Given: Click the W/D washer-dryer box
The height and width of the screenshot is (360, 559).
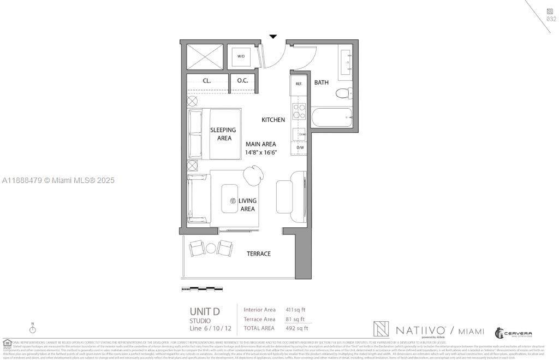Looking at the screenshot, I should (x=241, y=56).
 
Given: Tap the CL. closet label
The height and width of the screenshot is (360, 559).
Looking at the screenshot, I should (x=207, y=81).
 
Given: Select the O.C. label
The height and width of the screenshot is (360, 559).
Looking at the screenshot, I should (x=242, y=81).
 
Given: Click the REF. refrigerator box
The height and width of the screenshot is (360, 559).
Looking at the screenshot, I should (x=299, y=84).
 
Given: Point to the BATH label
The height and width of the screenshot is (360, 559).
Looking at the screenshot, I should (x=322, y=82).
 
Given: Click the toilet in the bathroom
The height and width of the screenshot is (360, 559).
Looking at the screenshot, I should (x=342, y=93).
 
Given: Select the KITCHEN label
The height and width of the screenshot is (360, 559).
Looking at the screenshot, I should (x=273, y=120).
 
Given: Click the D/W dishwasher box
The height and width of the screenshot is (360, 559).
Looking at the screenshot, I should (x=300, y=147).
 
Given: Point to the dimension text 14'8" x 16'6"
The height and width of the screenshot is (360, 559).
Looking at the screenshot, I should (x=261, y=152).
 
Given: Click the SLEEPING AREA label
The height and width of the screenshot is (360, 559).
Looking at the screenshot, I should (x=223, y=134).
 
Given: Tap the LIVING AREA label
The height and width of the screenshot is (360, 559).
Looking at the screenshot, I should (x=247, y=205).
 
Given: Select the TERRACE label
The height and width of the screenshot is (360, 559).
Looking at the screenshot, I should (x=259, y=253).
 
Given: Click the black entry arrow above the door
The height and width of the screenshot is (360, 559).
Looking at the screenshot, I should (x=273, y=37).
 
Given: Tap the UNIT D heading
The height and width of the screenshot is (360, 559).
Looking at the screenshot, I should (x=205, y=312).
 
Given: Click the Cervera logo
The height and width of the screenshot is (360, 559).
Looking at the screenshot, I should (x=513, y=333).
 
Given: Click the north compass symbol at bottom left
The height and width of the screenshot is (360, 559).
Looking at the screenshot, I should (x=33, y=328).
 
